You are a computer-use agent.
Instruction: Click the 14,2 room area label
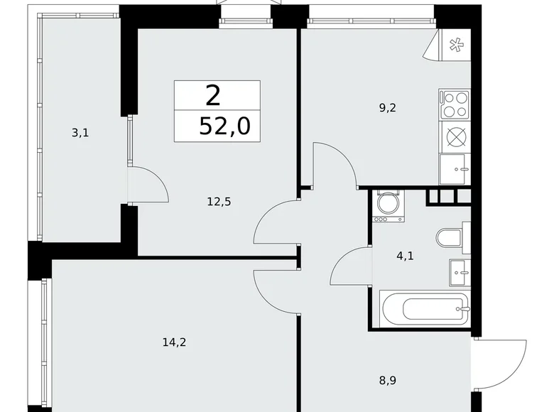point(175,342)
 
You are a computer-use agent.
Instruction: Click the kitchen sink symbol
point(455,168)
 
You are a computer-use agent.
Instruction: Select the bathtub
point(425,308)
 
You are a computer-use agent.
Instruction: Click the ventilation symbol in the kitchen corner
point(455,44)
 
